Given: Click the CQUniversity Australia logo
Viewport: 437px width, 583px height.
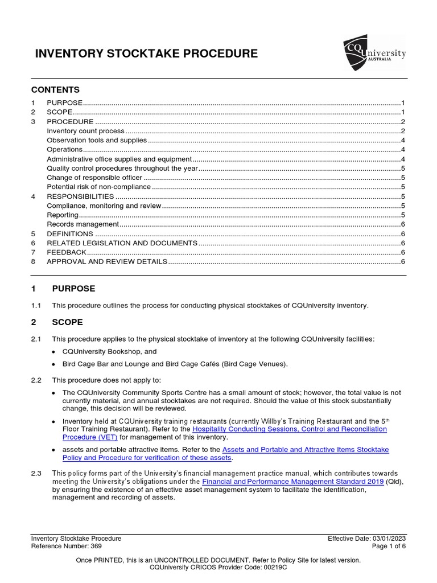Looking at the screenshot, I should pyautogui.click(x=374, y=53).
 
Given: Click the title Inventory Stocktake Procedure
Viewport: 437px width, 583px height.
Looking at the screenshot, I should pyautogui.click(x=146, y=54).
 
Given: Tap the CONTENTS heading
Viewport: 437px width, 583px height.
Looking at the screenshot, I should pyautogui.click(x=55, y=90).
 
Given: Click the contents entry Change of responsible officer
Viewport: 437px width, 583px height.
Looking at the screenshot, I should pyautogui.click(x=94, y=177).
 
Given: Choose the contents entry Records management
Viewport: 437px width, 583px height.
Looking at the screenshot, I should pyautogui.click(x=83, y=224).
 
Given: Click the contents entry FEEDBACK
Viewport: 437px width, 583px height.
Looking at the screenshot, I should pyautogui.click(x=67, y=252).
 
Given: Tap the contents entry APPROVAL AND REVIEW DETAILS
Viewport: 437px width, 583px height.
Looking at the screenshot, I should pyautogui.click(x=107, y=261).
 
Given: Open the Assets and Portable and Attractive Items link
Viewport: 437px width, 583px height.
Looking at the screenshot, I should pyautogui.click(x=306, y=450).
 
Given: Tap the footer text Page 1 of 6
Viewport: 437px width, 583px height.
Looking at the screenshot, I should pyautogui.click(x=389, y=546).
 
